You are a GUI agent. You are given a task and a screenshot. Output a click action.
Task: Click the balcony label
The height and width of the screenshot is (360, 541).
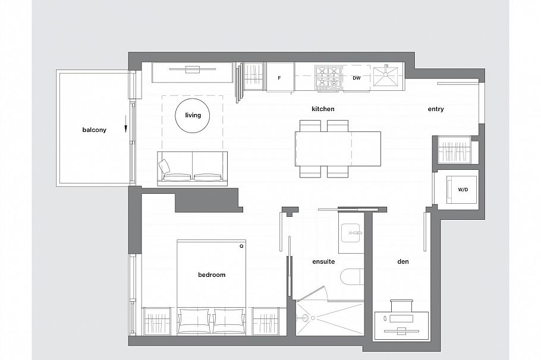click(94, 130)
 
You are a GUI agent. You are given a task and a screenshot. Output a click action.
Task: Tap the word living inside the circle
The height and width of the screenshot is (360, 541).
click(193, 115)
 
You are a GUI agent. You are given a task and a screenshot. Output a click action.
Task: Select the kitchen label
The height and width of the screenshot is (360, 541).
click(323, 109)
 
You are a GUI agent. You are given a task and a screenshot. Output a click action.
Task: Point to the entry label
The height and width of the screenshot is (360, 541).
click(436, 109)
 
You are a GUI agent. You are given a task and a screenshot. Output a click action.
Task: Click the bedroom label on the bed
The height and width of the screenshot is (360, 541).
click(212, 275)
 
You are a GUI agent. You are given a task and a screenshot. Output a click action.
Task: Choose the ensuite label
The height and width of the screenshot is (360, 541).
click(324, 261)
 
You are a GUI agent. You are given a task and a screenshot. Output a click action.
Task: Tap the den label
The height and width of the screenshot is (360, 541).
click(403, 261)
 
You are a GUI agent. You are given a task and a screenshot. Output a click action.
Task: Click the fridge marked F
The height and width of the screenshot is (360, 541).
click(279, 78)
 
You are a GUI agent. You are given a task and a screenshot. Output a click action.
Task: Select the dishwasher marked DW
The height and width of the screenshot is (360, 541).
click(357, 78)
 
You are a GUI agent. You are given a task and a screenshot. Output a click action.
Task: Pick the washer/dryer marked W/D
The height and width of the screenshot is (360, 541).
click(463, 190)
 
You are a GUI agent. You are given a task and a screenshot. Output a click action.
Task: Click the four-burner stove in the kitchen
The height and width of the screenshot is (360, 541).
click(328, 78)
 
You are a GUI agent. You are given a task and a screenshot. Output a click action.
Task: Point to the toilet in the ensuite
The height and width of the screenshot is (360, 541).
click(351, 277)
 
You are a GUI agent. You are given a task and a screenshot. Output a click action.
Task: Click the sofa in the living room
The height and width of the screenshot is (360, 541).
click(193, 168)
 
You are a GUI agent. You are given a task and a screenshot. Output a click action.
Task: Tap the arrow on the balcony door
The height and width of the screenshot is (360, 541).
click(126, 127)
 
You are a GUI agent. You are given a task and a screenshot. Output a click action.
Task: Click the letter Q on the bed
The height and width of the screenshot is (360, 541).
click(241, 245)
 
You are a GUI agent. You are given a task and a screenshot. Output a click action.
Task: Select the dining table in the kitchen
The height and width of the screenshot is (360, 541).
click(338, 149)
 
